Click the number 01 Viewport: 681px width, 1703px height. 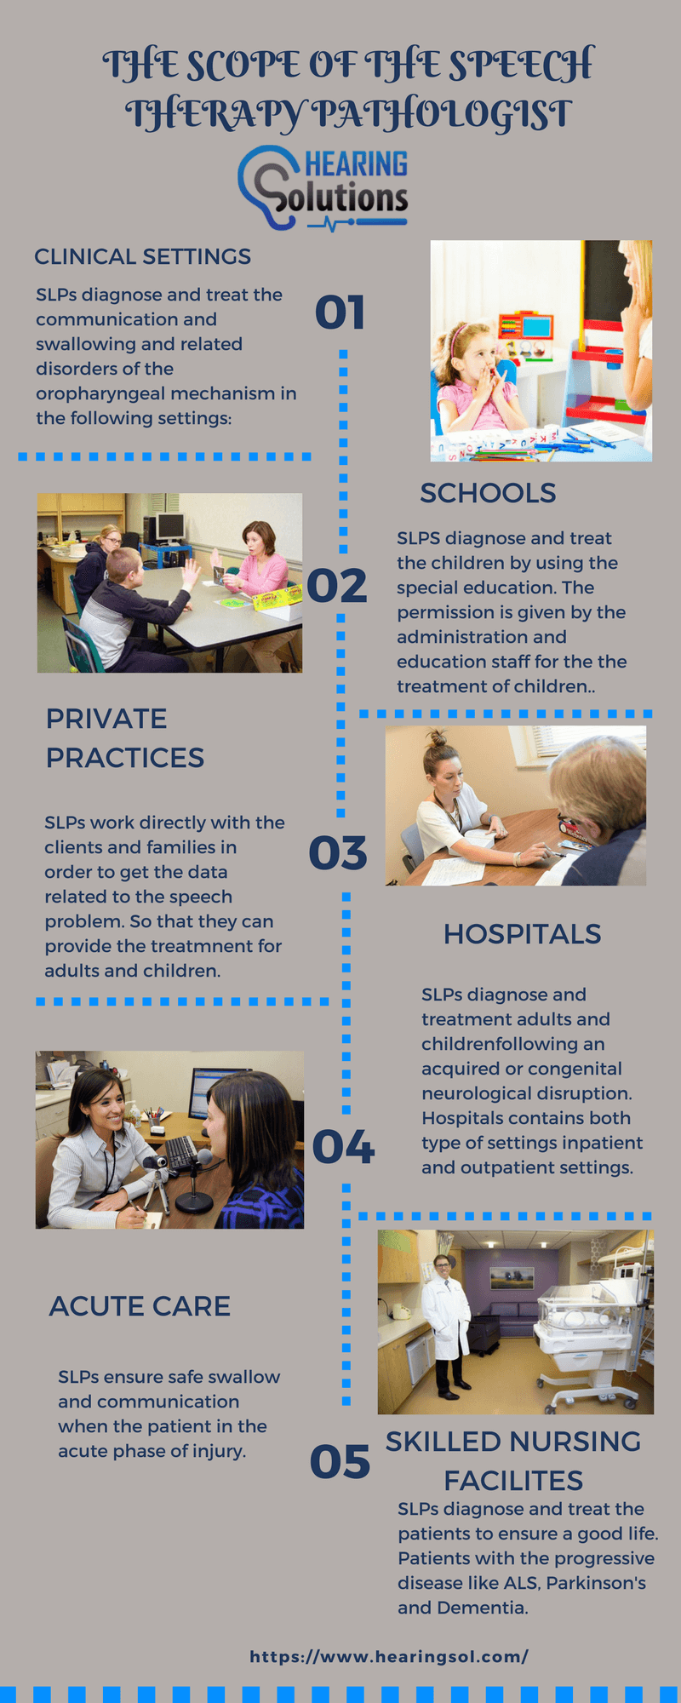(340, 313)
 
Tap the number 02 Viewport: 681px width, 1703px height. (337, 586)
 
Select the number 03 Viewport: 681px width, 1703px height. (338, 853)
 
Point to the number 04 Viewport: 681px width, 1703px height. (343, 1147)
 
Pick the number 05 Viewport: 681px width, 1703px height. (340, 1462)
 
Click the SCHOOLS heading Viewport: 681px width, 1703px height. (488, 493)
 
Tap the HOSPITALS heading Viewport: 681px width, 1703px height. (522, 934)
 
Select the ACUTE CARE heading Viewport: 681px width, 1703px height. (140, 1306)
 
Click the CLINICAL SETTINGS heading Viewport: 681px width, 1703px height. (142, 256)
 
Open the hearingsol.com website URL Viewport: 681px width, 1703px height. (389, 1656)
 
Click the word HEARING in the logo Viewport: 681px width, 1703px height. (356, 163)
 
